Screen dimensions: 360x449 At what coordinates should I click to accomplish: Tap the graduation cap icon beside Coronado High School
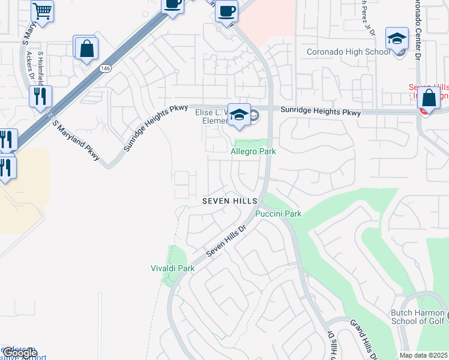point(397,39)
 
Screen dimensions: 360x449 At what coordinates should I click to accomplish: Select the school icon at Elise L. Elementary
point(239,115)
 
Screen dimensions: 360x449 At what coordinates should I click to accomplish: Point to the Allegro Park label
point(253,152)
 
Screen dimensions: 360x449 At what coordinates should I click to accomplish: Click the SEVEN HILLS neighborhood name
point(230,200)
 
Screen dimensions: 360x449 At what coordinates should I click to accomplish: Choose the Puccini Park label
point(278,214)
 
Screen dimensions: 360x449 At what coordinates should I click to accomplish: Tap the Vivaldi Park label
point(172,268)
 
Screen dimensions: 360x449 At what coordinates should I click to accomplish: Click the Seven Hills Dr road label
point(227,242)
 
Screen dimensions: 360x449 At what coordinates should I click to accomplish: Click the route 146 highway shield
point(105,68)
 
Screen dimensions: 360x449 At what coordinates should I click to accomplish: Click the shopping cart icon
point(42,10)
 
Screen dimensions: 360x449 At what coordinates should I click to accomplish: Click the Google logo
point(20,353)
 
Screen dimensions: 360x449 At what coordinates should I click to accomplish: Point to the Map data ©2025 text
point(423,355)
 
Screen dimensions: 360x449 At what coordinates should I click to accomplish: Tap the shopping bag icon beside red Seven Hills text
point(429,97)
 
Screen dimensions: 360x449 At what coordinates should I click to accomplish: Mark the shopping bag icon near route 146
point(87,49)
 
